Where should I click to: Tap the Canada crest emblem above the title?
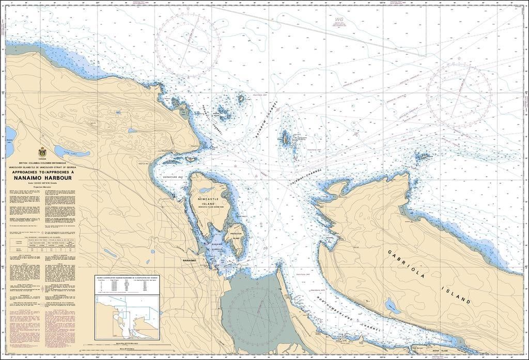coord(42,152)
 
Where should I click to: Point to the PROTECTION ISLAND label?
coord(236,235)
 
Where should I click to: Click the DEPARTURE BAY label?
coord(174,177)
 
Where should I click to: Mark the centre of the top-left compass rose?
coord(188,45)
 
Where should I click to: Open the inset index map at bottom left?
coord(127,316)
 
